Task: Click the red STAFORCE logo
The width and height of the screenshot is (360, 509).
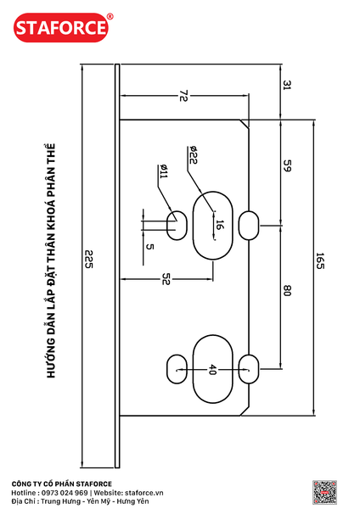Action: click(61, 28)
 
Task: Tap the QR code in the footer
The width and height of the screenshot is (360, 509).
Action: click(324, 492)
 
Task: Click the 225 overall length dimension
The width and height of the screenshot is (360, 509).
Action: click(88, 259)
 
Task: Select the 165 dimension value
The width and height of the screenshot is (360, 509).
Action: click(320, 260)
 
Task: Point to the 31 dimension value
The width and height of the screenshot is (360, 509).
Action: click(287, 86)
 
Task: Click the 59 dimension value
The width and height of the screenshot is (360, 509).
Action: click(287, 165)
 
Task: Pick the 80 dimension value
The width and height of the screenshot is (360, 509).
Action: click(287, 290)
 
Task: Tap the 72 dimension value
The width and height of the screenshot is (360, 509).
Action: click(183, 96)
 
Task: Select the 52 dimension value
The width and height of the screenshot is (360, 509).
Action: click(166, 278)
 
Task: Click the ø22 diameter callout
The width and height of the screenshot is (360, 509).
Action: click(193, 155)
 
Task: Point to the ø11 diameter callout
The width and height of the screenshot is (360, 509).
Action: click(163, 171)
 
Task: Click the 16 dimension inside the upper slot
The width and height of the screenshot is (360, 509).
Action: click(220, 225)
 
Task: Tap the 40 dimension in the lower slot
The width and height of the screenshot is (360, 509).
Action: click(212, 369)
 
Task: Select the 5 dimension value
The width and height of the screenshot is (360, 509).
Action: click(149, 247)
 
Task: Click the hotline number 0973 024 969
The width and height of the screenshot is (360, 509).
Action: click(65, 493)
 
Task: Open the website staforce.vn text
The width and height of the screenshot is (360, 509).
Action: click(144, 493)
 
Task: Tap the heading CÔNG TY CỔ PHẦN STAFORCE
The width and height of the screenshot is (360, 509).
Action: click(62, 484)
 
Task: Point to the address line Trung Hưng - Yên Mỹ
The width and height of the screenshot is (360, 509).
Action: click(78, 501)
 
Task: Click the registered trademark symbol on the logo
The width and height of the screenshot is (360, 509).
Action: click(110, 16)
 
